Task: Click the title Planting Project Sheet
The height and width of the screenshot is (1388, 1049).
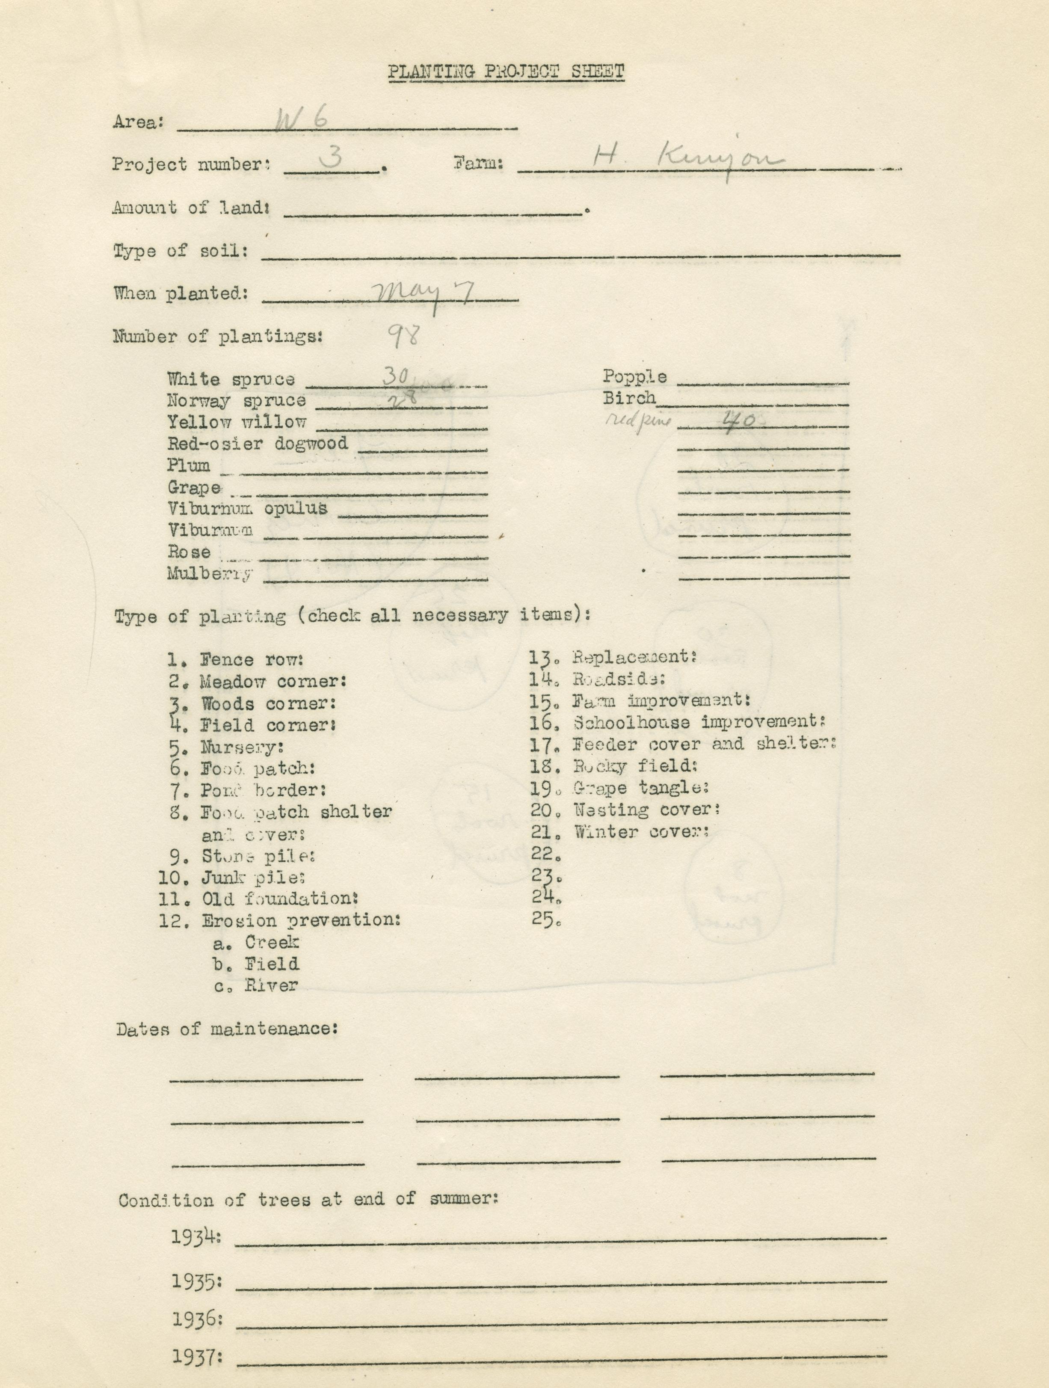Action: (506, 73)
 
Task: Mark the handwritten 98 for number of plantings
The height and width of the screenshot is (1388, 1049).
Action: (402, 336)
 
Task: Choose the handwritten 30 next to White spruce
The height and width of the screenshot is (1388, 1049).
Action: (395, 376)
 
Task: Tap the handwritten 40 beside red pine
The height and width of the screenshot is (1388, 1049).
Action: (738, 421)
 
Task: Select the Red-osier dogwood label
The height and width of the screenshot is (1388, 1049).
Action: (257, 444)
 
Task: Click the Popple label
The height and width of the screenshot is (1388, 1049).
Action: (634, 377)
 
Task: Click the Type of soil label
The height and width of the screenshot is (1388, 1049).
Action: (181, 251)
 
